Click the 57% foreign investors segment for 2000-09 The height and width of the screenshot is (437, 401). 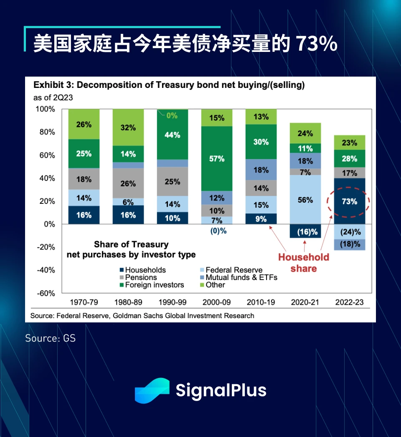click(217, 159)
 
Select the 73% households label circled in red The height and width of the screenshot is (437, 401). click(349, 201)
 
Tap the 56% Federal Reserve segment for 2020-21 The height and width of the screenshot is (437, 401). click(305, 200)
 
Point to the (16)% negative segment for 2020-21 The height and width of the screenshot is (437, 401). click(305, 231)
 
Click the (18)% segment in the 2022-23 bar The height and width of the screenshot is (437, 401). click(349, 244)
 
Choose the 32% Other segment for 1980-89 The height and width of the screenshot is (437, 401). click(128, 128)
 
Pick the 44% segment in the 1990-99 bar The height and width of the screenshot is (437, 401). click(173, 135)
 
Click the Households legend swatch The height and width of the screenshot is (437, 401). click(121, 270)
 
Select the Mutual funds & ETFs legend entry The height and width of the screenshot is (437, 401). click(241, 278)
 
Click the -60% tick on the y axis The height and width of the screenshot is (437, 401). click(46, 293)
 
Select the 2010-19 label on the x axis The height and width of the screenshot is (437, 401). click(261, 302)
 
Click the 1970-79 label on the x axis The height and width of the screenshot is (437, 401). click(84, 302)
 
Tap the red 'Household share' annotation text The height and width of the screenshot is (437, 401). click(304, 263)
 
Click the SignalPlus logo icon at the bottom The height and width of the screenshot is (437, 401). click(152, 391)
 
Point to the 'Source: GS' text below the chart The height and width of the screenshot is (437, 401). click(51, 338)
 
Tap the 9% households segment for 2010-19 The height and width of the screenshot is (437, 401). click(261, 218)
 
